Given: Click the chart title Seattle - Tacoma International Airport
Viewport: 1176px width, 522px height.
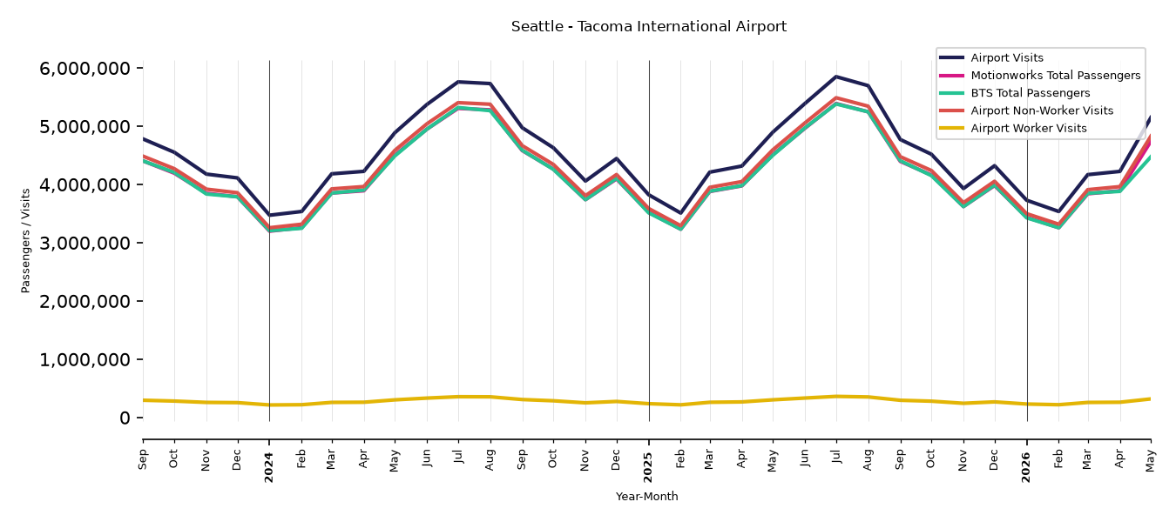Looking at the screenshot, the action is coord(648,26).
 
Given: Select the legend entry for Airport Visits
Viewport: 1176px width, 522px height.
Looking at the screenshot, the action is coord(1006,57).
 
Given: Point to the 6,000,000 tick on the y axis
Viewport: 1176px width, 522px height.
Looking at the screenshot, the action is coord(84,68).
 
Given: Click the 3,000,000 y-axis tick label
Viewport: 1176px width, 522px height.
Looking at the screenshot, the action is coord(84,244).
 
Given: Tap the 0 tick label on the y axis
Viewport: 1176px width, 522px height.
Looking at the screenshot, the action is coord(125,418).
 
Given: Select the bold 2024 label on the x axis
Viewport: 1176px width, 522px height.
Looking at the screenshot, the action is coord(269,467).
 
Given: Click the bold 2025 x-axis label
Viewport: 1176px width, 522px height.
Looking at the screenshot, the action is coord(648,467).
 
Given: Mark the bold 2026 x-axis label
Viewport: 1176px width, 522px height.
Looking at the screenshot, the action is coord(1026,467).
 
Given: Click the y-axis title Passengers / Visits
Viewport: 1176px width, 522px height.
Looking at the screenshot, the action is coord(25,241).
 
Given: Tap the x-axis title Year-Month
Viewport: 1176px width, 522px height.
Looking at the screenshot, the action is coord(646,496).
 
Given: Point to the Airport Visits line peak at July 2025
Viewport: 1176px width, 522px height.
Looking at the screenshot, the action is coord(837,77).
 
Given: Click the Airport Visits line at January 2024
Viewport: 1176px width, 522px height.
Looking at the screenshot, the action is coord(269,215).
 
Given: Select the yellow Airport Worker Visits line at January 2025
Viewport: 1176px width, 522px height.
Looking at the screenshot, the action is coord(649,404).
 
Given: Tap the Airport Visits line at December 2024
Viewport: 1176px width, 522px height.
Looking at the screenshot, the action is coord(617,158).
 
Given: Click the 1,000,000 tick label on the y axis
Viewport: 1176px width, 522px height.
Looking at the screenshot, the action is coord(84,359).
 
